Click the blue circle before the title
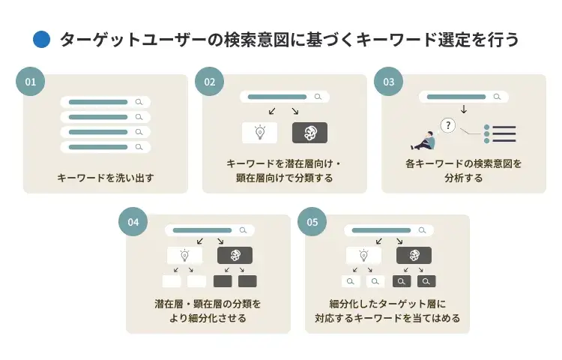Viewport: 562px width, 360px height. tap(42, 40)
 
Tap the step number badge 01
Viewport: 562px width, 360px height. tap(30, 82)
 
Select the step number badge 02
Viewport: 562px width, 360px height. tap(209, 82)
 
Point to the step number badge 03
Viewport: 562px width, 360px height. tap(388, 82)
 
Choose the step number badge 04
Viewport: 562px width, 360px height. tap(133, 222)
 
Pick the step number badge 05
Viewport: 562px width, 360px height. tap(312, 222)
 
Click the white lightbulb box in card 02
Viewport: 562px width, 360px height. tap(259, 133)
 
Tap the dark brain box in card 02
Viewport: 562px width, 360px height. tap(309, 133)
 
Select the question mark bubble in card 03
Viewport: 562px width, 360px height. tap(448, 125)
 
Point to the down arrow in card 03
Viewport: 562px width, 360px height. tap(464, 109)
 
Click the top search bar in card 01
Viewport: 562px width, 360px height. tap(105, 101)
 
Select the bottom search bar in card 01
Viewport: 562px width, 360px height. tap(105, 147)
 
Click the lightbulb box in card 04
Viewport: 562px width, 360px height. tap(184, 256)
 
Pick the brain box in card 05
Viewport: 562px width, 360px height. tap(414, 256)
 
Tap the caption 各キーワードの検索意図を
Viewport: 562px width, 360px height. tap(464, 163)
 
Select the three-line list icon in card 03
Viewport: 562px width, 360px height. tap(501, 133)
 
